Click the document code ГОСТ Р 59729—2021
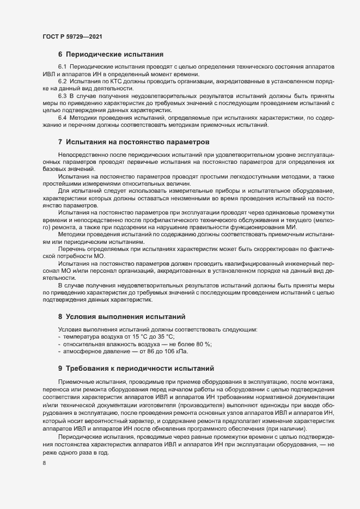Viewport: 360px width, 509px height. pos(72,36)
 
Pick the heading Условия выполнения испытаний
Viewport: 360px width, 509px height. pos(126,316)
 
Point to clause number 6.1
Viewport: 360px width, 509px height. pos(62,66)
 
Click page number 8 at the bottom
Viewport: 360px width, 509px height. pos(43,464)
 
